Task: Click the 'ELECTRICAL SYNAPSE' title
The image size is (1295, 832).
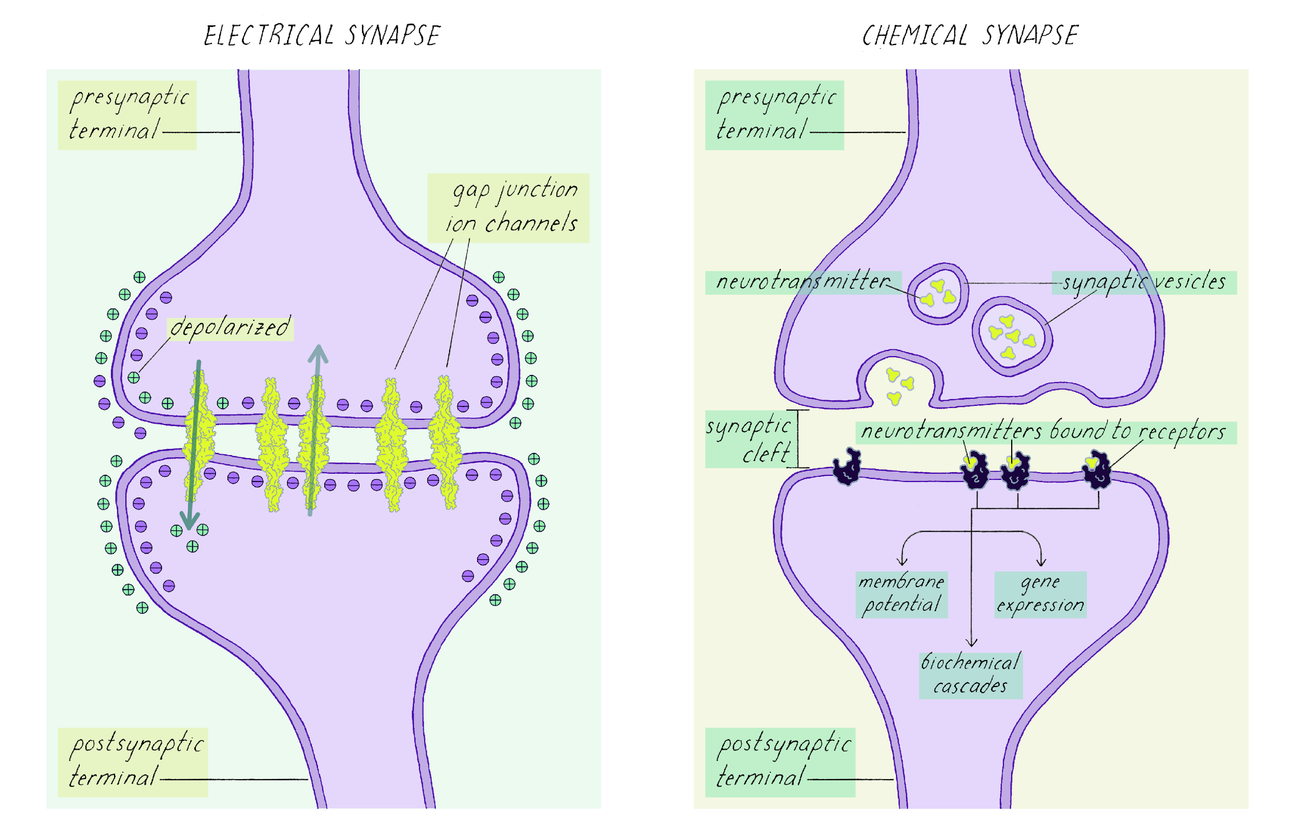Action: coord(322,36)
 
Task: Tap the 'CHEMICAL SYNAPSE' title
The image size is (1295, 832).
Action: coord(970,36)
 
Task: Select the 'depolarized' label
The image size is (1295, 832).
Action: coord(230,327)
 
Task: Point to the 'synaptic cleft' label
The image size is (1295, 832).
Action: coord(749,439)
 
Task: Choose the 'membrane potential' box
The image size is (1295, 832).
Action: coord(901,594)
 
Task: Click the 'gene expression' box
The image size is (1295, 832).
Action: coord(1040,594)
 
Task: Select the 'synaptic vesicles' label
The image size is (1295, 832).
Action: coord(1144,282)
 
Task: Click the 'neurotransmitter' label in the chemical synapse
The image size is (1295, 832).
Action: coord(802,282)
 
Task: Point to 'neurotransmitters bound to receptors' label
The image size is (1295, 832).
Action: coord(1043,432)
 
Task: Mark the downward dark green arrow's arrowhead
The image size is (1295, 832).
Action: coord(189,520)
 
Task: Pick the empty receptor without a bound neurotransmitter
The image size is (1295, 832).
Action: coord(846,467)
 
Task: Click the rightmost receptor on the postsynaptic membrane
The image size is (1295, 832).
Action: coord(1097,470)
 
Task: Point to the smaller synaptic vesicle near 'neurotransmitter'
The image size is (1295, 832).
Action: coord(938,294)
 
